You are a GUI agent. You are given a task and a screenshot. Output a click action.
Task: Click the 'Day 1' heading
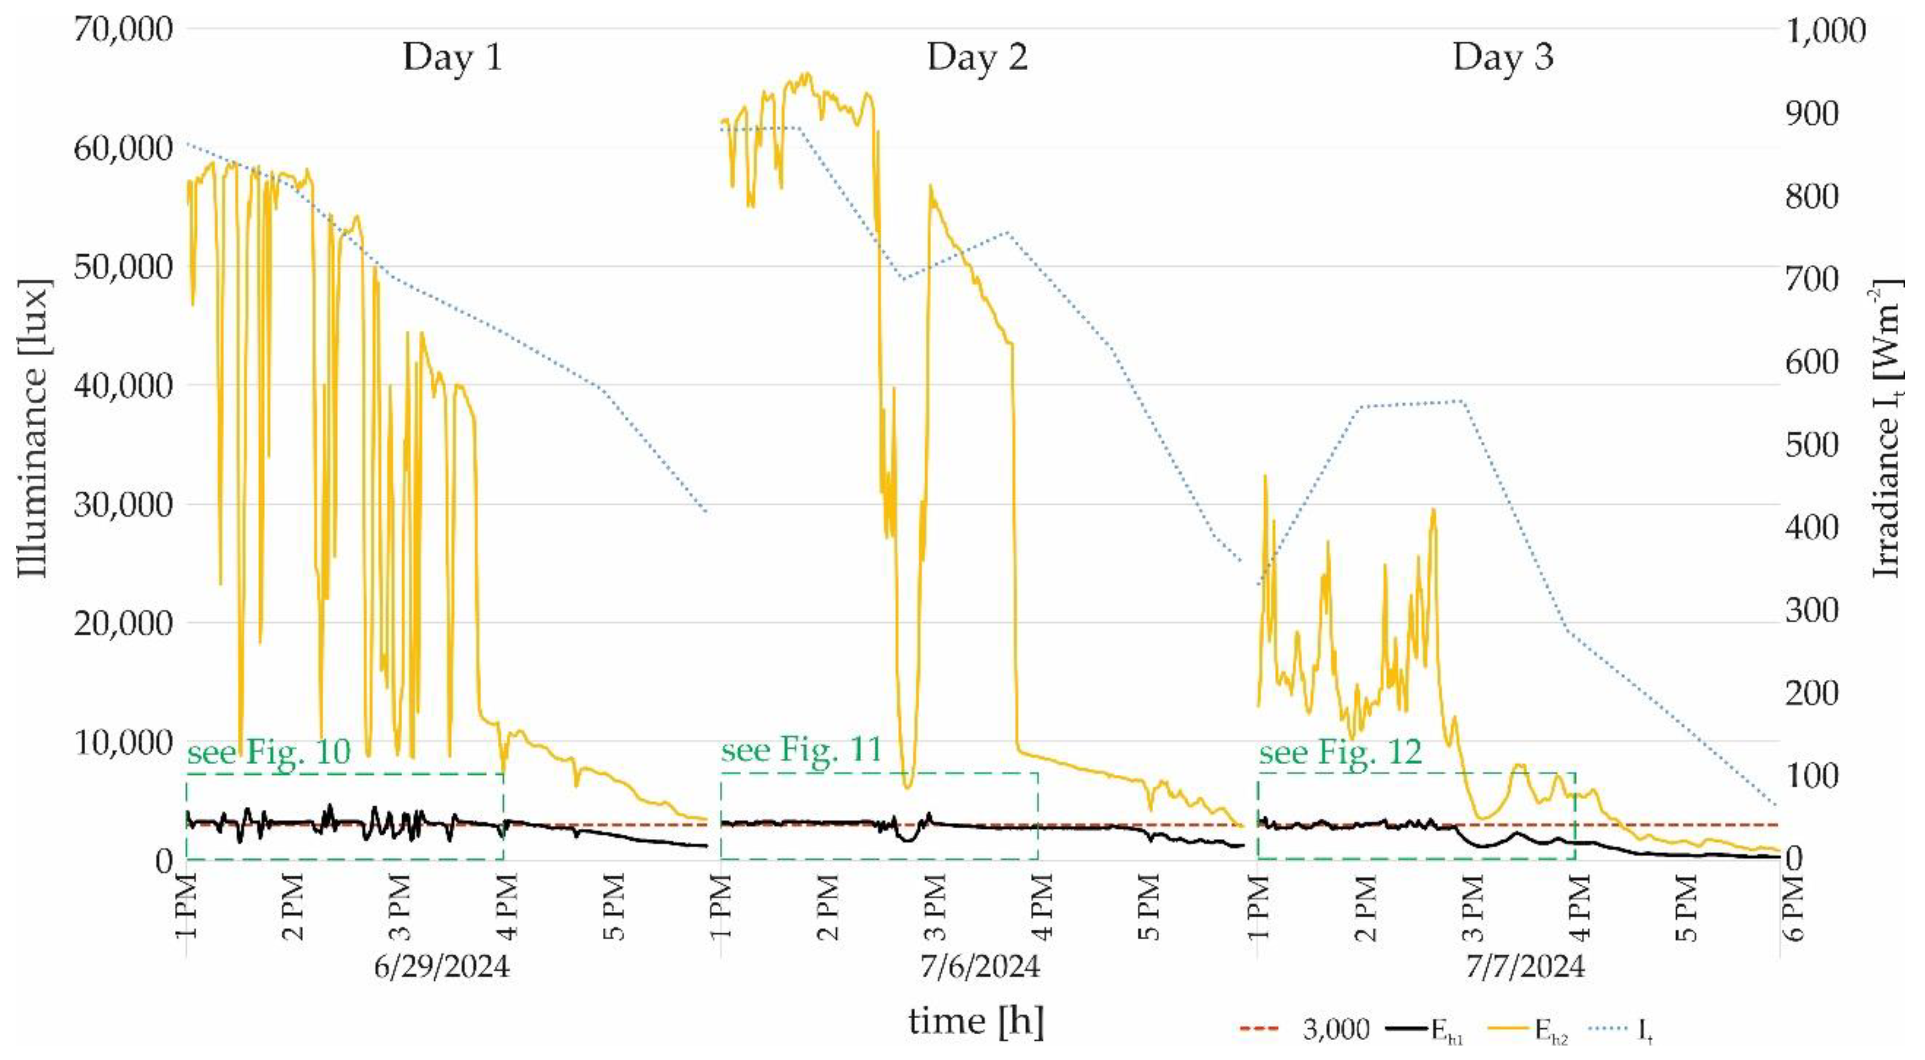coord(452,57)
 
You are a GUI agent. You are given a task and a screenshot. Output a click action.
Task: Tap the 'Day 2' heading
coord(977,57)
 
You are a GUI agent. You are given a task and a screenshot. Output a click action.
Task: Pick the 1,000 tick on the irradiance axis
coord(1824,32)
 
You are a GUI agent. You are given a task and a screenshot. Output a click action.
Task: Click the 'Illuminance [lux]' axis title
coord(34,429)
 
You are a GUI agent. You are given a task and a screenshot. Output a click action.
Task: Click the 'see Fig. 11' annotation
coord(802,749)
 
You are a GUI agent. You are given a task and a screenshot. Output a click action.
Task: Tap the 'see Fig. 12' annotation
coord(1340,752)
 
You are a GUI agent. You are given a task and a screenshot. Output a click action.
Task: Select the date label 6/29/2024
coord(441,967)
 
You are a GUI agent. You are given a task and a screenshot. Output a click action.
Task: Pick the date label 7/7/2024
coord(1524,967)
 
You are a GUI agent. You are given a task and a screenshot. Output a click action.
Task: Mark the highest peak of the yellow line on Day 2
coord(805,74)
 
